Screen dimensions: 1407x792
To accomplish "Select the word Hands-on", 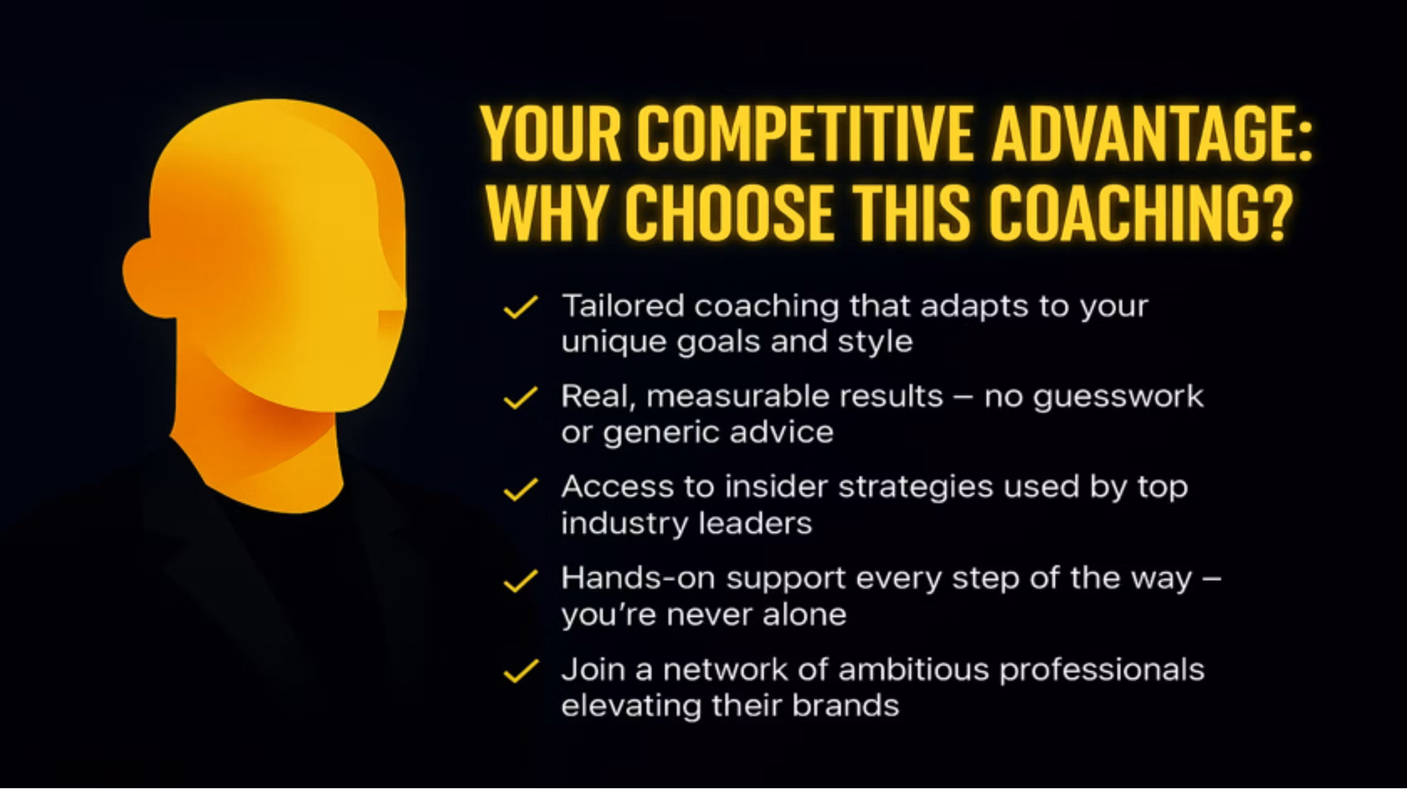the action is pos(638,578).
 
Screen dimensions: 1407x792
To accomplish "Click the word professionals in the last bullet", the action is pos(1102,671).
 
